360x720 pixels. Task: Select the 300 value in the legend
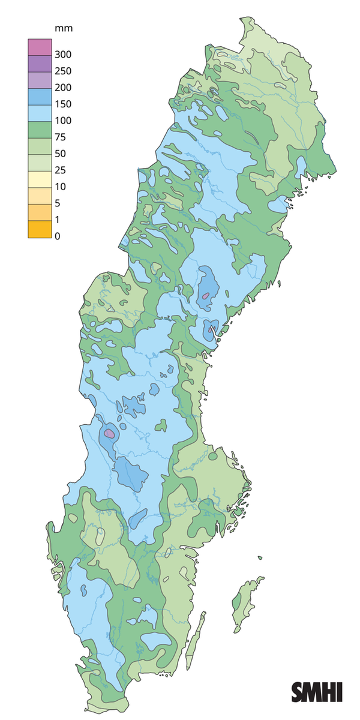(x=63, y=55)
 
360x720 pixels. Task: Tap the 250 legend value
(x=63, y=71)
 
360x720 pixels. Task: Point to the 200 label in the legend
(x=63, y=88)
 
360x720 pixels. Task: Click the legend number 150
(x=63, y=104)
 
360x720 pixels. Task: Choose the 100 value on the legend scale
(x=63, y=121)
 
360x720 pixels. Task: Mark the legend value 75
(x=60, y=137)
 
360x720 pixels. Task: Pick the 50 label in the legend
(x=60, y=154)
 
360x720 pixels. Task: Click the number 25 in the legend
(x=60, y=170)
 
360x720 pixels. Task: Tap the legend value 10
(x=60, y=187)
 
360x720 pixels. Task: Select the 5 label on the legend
(x=58, y=203)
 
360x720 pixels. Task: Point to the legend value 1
(x=58, y=220)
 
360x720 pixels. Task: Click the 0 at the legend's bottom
(x=58, y=236)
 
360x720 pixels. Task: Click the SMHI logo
(x=317, y=692)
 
